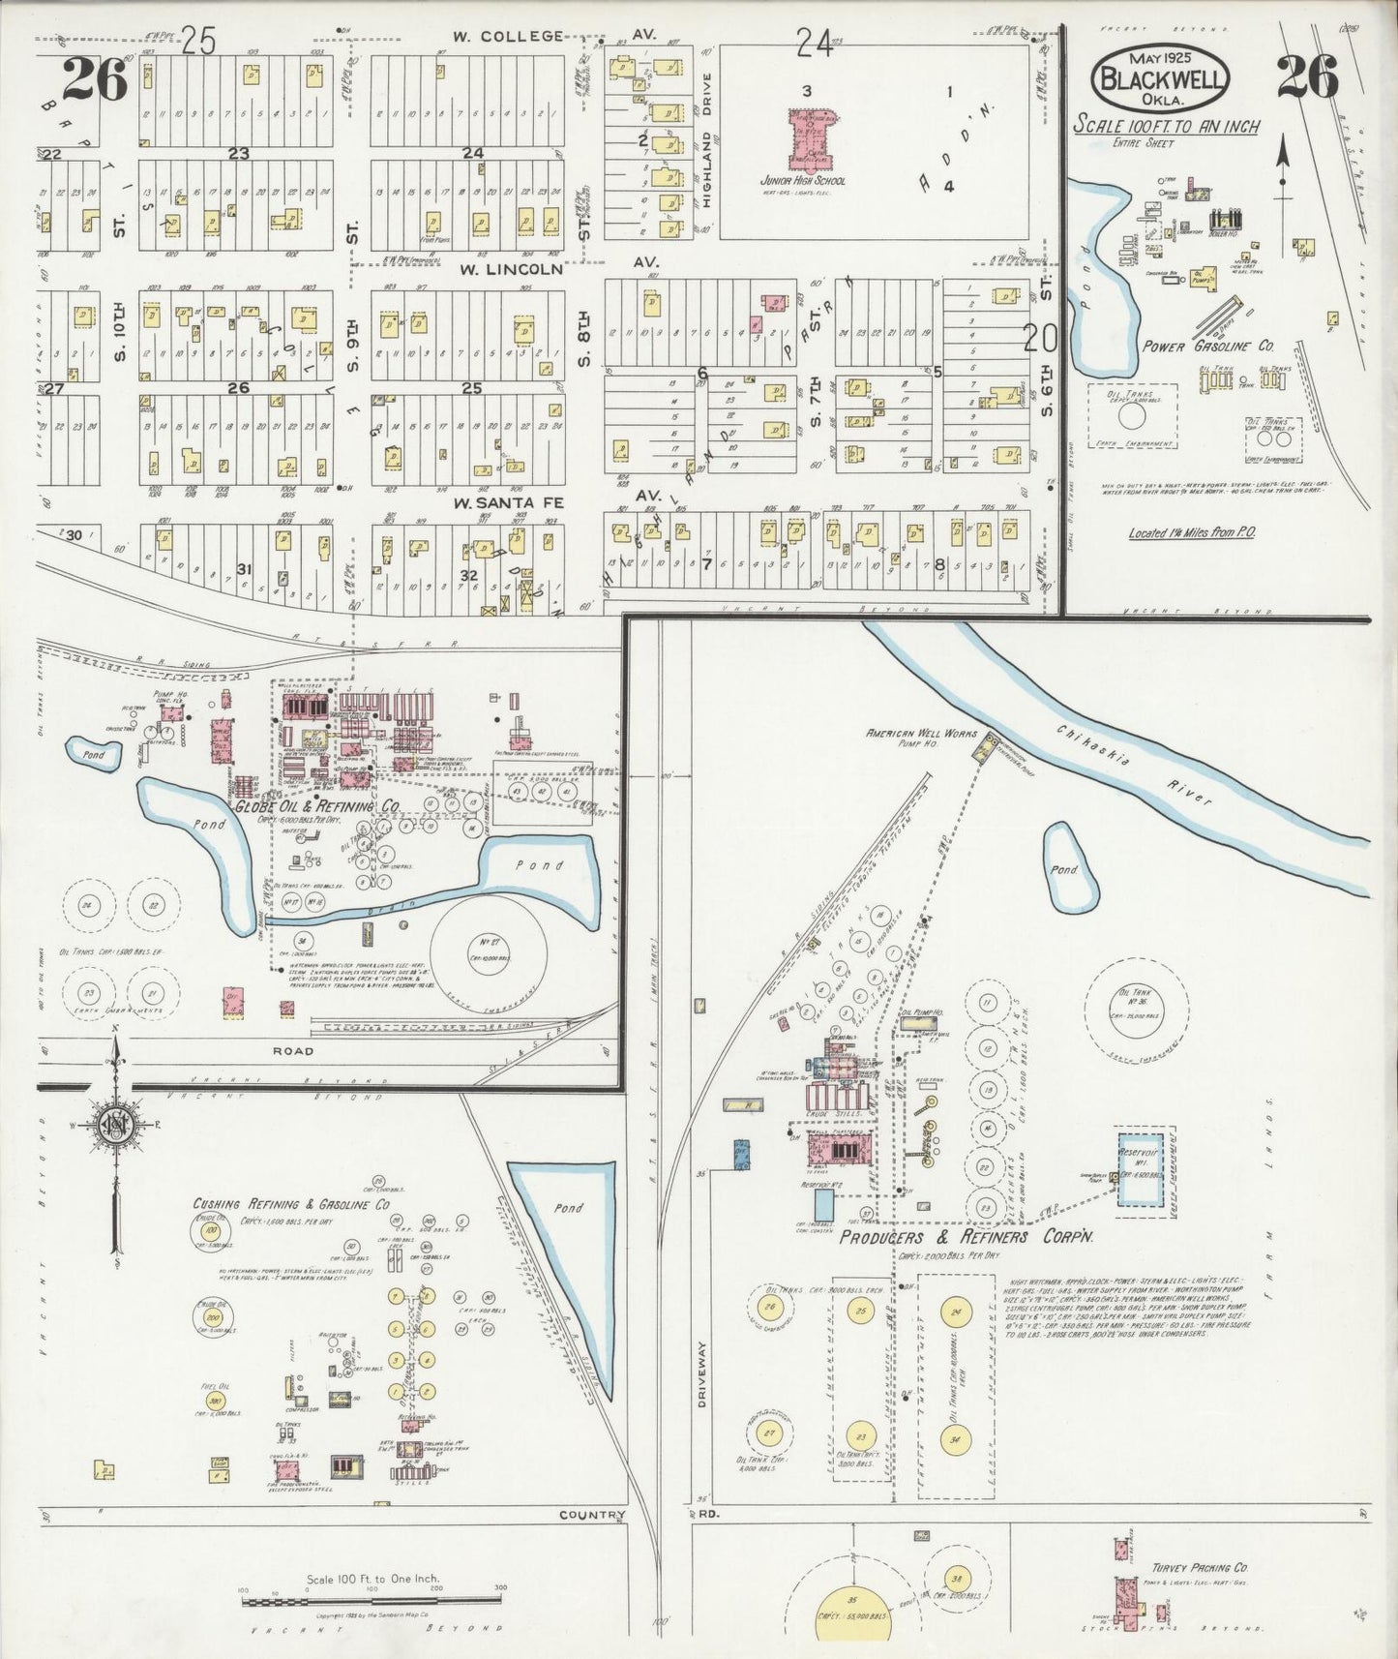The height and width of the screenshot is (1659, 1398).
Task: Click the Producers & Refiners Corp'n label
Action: coord(966,1237)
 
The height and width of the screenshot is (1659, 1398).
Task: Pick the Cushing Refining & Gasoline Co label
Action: coord(291,1204)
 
